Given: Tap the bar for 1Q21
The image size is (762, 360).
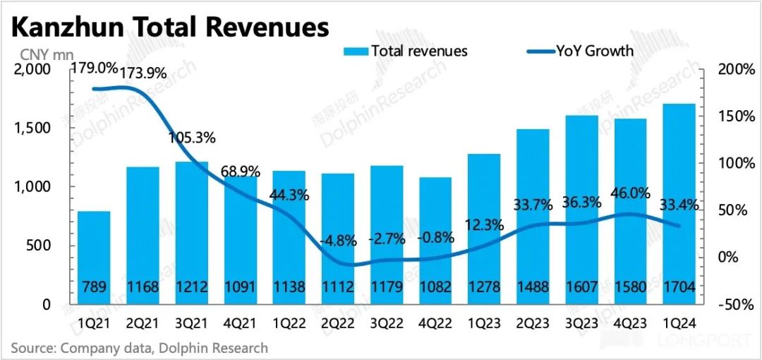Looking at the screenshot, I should pyautogui.click(x=94, y=258).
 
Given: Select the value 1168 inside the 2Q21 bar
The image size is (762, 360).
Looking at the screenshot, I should pyautogui.click(x=143, y=288).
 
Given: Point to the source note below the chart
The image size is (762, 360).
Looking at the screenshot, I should pyautogui.click(x=140, y=348).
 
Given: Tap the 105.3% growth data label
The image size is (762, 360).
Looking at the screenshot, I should pyautogui.click(x=192, y=137).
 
